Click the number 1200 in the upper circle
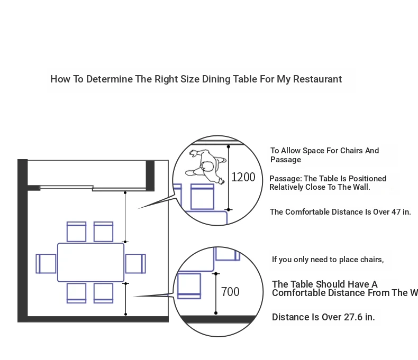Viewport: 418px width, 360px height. click(x=243, y=177)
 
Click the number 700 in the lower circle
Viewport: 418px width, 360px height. click(x=230, y=291)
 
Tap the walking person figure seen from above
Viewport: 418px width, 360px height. click(x=203, y=164)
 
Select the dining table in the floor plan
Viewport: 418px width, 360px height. click(x=90, y=262)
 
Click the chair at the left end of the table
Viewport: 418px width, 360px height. click(x=46, y=263)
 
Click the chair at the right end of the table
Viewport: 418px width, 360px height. click(x=135, y=263)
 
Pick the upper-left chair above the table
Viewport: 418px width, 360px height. click(x=77, y=232)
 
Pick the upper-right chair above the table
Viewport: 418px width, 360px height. click(x=103, y=232)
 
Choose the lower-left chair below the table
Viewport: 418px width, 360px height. click(x=77, y=293)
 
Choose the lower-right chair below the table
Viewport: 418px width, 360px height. click(x=103, y=293)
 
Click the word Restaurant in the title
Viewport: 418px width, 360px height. click(x=317, y=79)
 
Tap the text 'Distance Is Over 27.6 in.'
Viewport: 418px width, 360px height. click(x=323, y=317)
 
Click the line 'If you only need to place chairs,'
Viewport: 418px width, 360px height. click(x=328, y=260)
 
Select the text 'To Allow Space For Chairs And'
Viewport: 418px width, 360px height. click(x=324, y=151)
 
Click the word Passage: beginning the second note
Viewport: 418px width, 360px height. click(x=285, y=179)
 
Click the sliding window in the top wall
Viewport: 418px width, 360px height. click(x=93, y=187)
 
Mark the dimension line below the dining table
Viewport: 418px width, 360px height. click(x=125, y=299)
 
